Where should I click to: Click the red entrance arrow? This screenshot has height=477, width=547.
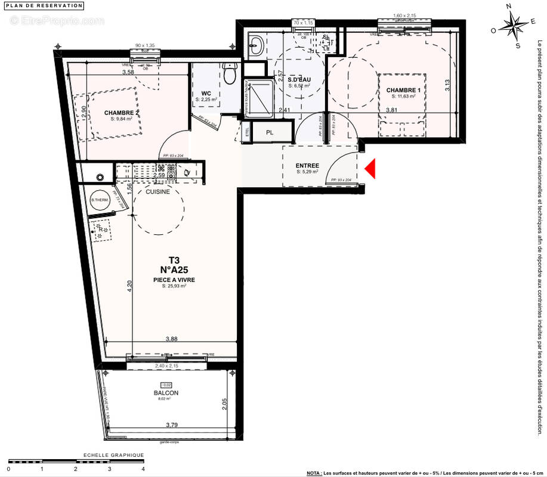coord(369,169)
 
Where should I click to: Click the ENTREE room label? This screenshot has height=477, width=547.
coord(307,166)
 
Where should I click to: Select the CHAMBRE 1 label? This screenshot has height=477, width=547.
coord(406,90)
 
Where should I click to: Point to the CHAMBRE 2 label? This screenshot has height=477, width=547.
coord(121,113)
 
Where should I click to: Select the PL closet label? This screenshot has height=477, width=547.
coord(270,132)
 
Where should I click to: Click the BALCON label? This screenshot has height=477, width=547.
coord(165,393)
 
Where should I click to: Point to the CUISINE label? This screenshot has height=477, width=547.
coord(158,192)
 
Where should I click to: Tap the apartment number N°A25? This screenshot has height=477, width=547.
coord(174,270)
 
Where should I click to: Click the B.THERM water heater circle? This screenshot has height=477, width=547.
coord(98,200)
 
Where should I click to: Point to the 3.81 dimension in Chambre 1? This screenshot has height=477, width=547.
coord(391,110)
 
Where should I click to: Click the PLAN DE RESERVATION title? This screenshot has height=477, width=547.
coord(45,5)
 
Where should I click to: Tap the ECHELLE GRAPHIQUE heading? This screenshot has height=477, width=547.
coord(113,455)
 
